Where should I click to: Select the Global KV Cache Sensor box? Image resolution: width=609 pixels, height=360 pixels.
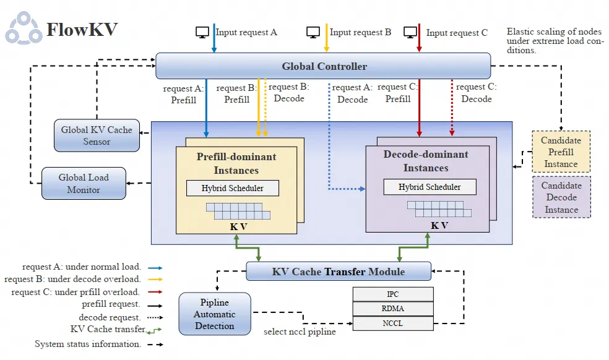[97, 135]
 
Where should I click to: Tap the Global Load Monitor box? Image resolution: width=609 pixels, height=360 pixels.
[84, 183]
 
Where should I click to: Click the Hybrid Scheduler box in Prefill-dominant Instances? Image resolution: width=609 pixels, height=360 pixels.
[232, 188]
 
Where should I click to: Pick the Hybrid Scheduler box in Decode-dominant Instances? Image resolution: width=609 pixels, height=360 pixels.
[429, 187]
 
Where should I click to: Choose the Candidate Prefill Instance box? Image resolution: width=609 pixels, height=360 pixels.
[561, 152]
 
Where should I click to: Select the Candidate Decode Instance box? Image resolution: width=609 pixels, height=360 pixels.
[561, 197]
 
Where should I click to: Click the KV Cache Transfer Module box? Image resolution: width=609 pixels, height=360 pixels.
[339, 272]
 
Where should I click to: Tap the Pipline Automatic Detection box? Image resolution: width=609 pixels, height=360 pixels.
[215, 314]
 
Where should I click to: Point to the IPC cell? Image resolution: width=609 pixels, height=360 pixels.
[392, 294]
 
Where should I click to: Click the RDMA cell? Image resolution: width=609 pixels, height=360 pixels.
[392, 308]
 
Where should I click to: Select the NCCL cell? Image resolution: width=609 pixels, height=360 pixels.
[392, 323]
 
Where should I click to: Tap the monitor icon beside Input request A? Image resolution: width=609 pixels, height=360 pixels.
[202, 32]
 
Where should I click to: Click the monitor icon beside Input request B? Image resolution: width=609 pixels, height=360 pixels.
[313, 32]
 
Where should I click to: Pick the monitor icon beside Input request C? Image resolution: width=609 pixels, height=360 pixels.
[410, 32]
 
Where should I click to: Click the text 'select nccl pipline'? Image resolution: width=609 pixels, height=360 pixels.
[300, 332]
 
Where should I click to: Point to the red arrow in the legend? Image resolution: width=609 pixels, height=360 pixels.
[155, 292]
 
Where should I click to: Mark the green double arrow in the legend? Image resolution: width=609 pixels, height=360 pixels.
[155, 330]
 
